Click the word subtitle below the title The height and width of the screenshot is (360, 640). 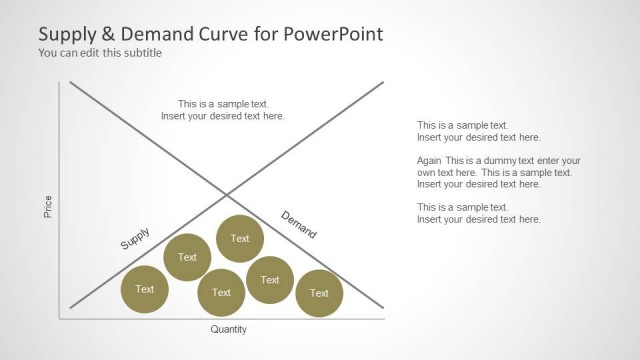pyautogui.click(x=142, y=53)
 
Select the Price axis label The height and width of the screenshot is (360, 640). pyautogui.click(x=48, y=207)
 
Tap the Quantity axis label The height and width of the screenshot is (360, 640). pyautogui.click(x=228, y=329)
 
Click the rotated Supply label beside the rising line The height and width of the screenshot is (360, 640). pyautogui.click(x=135, y=239)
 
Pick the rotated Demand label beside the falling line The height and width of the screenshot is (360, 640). pyautogui.click(x=298, y=225)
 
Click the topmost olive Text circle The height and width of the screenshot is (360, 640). pyautogui.click(x=240, y=238)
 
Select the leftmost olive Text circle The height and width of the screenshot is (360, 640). pyautogui.click(x=145, y=290)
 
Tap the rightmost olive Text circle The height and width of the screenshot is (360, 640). pyautogui.click(x=319, y=293)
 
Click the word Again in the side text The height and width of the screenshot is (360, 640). pyautogui.click(x=430, y=161)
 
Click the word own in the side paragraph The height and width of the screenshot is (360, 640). pyautogui.click(x=427, y=173)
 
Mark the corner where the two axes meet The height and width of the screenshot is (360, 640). pyautogui.click(x=61, y=319)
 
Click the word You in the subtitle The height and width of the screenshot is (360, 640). pyautogui.click(x=48, y=53)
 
